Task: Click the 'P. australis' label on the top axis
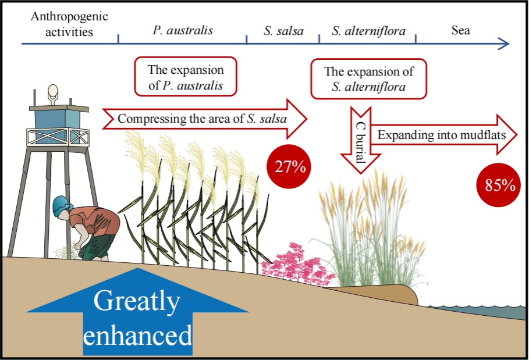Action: [182, 30]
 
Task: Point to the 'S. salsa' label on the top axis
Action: [283, 31]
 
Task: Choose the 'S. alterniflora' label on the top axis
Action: [368, 31]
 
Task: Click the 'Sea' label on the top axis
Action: [460, 30]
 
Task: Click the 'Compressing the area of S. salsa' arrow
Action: [204, 119]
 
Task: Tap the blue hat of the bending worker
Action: [60, 206]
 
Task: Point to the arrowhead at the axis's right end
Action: [504, 43]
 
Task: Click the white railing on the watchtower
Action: [58, 137]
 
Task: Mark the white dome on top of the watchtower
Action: [53, 92]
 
